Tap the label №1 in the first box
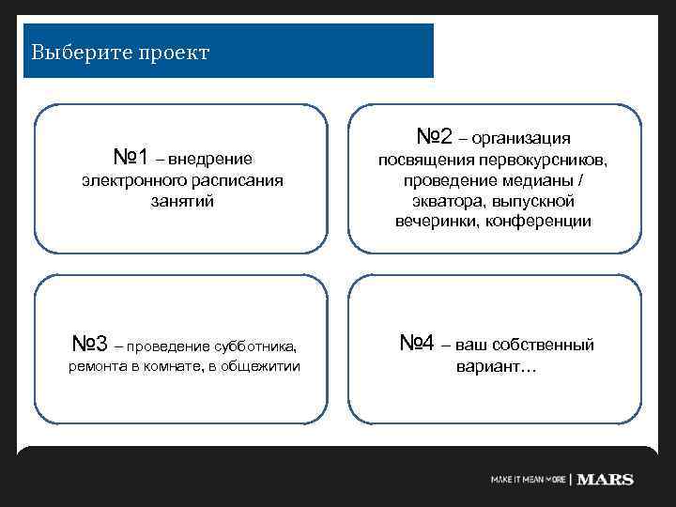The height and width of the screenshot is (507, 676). click(x=131, y=154)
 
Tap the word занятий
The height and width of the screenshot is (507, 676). click(x=182, y=200)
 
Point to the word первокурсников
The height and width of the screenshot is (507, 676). click(x=548, y=161)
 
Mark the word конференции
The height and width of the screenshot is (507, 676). click(x=546, y=221)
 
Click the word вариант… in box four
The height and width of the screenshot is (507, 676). click(x=495, y=366)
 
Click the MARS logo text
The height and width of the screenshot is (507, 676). click(x=605, y=480)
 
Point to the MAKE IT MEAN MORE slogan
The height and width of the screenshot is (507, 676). click(x=528, y=480)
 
